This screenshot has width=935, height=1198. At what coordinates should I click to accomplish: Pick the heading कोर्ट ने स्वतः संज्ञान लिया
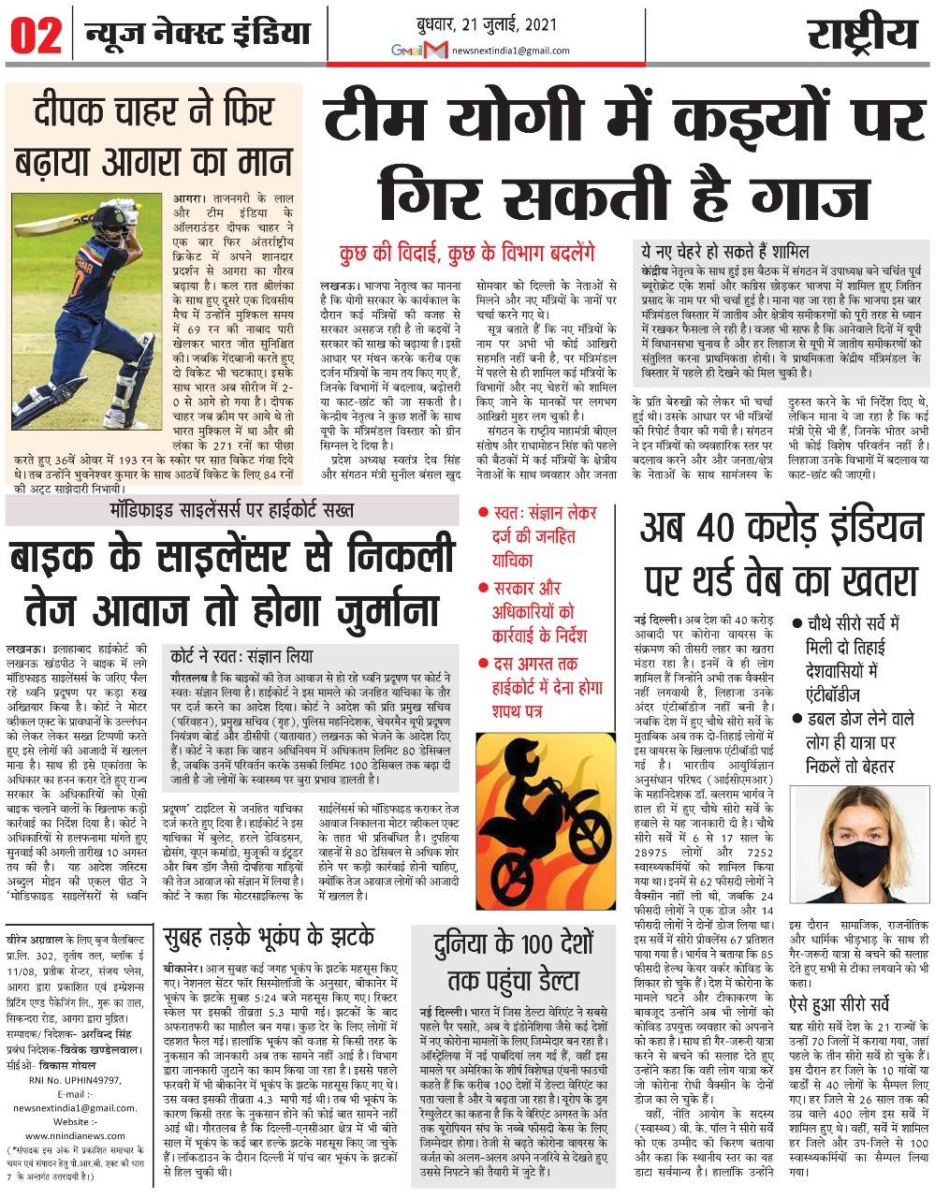pyautogui.click(x=241, y=655)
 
